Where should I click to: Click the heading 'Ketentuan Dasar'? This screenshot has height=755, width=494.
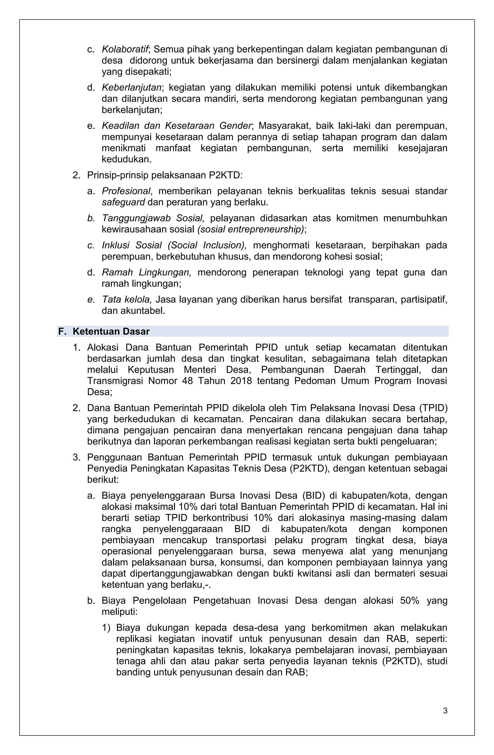tap(111, 331)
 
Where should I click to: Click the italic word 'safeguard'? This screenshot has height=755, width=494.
tap(123, 202)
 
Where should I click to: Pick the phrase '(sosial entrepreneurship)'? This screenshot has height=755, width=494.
tap(250, 229)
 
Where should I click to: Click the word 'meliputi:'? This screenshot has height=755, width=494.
tap(120, 612)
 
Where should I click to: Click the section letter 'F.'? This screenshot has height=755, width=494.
tap(62, 331)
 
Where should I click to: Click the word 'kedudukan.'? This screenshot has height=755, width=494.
tap(126, 159)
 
